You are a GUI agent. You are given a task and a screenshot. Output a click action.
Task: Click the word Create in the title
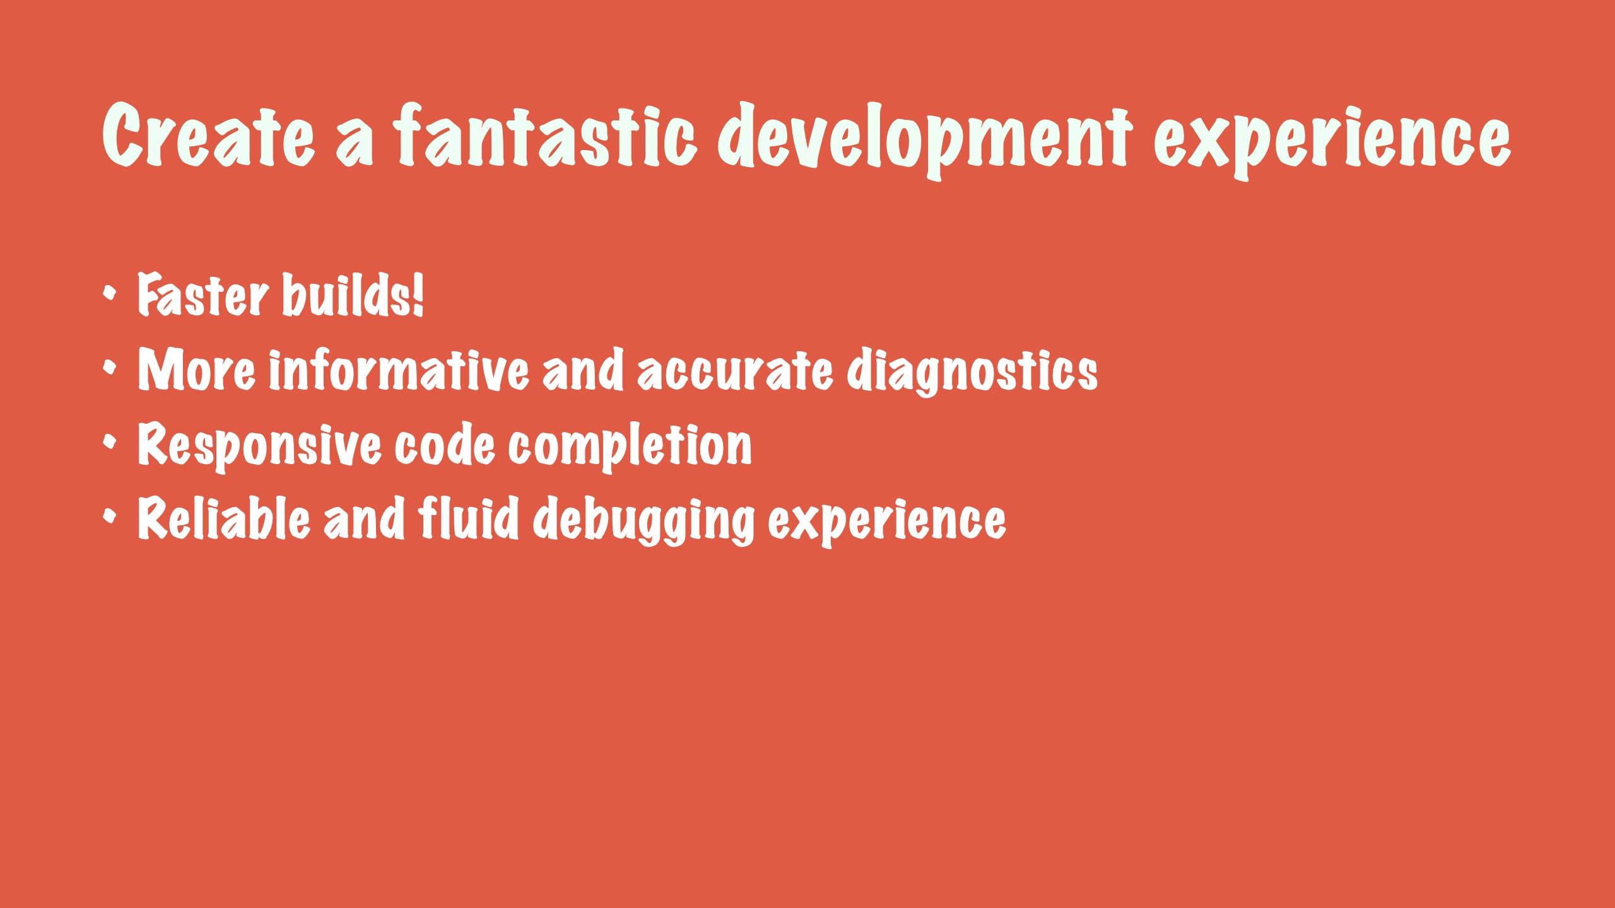[208, 135]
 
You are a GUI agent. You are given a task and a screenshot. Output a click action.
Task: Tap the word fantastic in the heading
[546, 135]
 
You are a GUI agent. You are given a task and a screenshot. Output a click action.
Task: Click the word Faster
[203, 294]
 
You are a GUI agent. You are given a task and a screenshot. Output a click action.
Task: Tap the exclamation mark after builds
[418, 294]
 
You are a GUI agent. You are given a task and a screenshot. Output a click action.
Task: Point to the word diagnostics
[972, 372]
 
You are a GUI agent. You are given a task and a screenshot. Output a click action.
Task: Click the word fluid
[469, 518]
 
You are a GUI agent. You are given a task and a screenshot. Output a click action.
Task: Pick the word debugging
[643, 521]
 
